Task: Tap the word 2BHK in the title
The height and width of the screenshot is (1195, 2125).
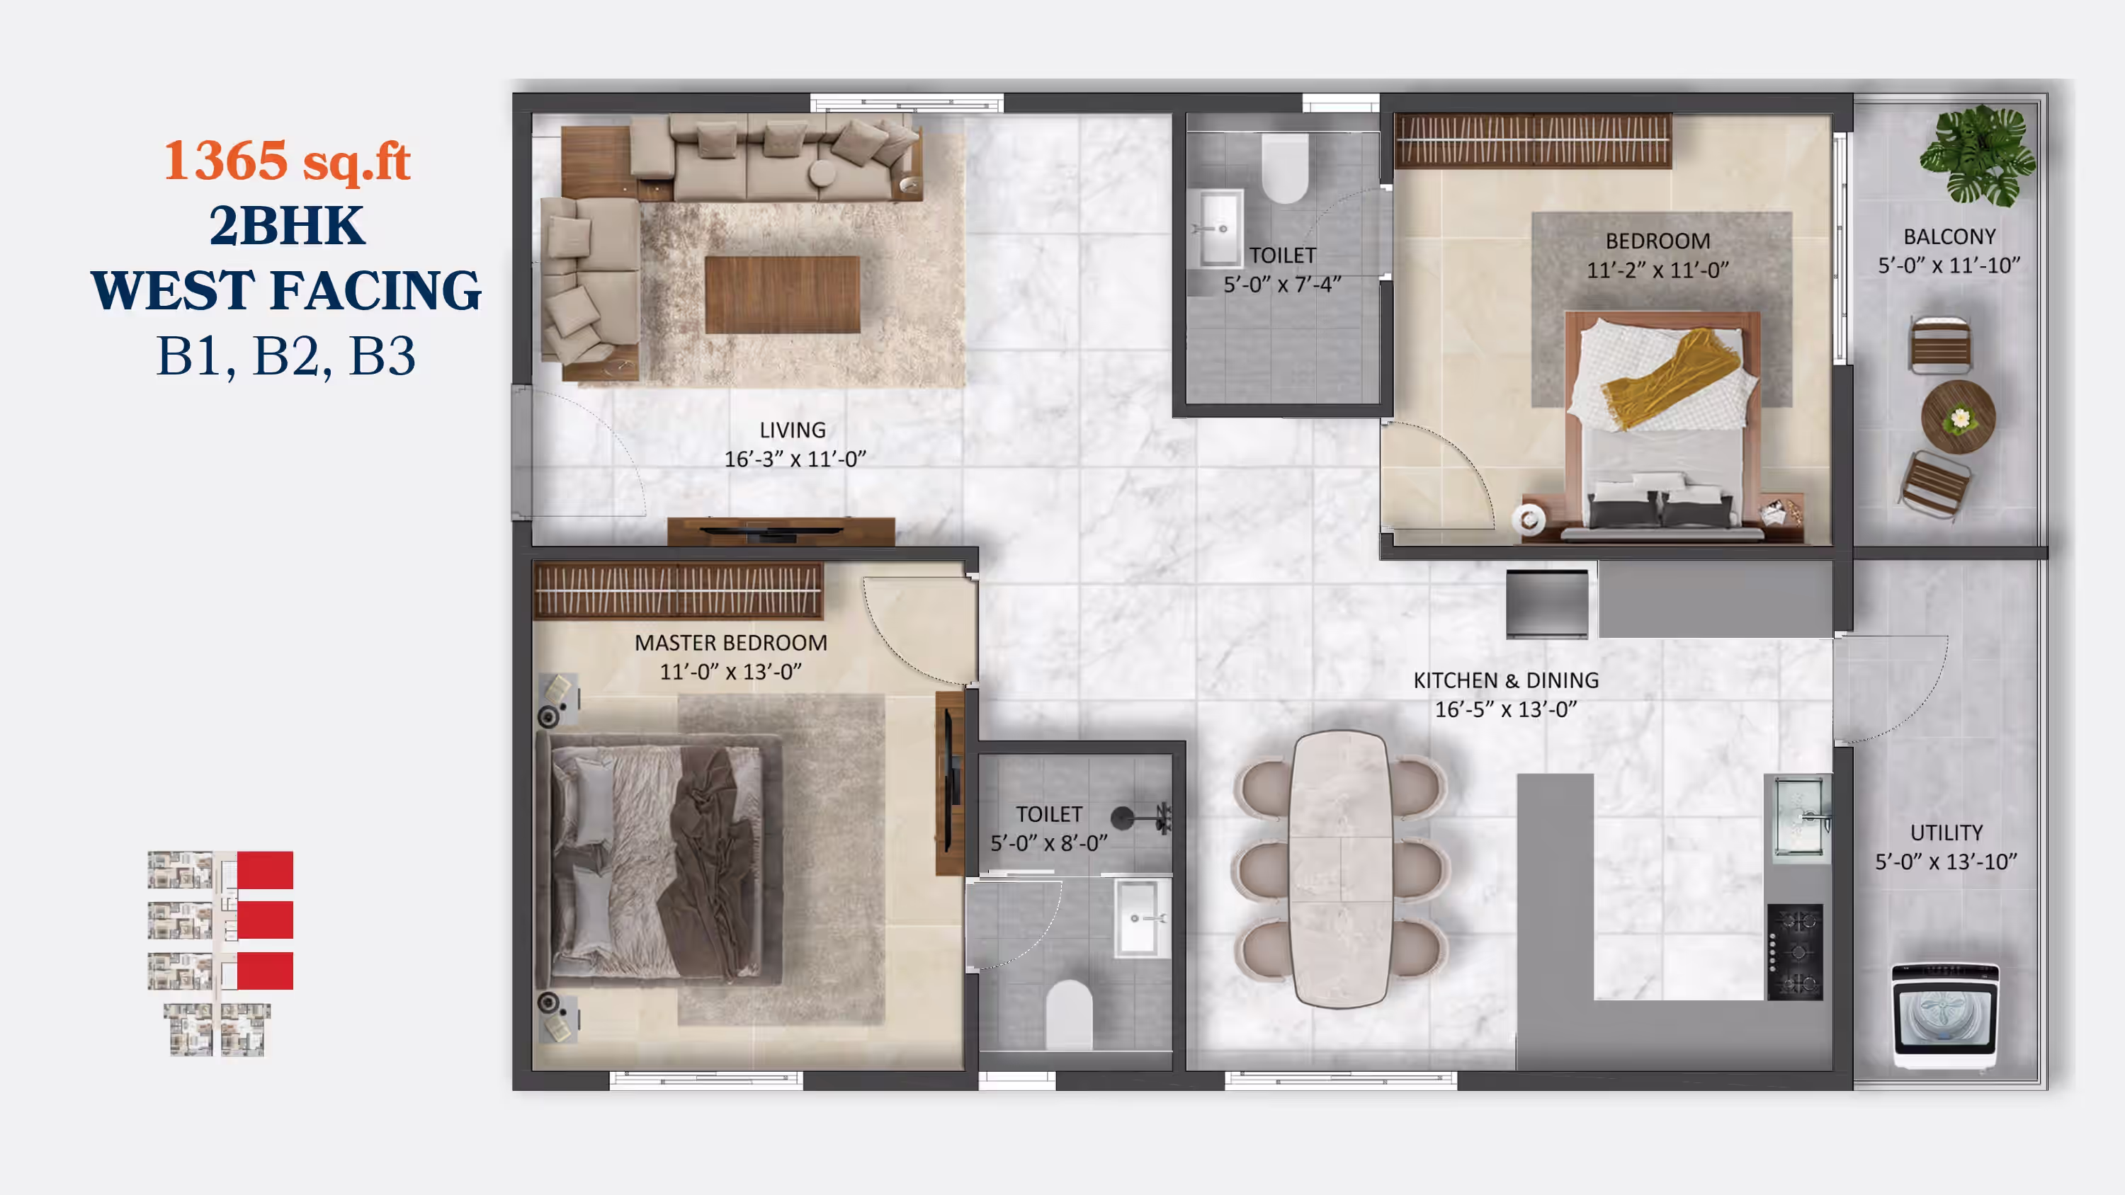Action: point(286,225)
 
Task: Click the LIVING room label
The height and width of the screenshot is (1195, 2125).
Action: point(793,430)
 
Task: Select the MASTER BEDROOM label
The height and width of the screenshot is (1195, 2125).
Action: point(731,642)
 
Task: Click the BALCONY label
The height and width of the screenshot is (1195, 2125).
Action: point(1949,236)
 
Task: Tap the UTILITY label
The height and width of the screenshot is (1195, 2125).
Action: point(1946,833)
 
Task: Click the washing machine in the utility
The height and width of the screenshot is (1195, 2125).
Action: point(1945,1016)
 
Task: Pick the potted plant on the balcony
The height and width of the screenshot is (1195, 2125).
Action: point(1978,155)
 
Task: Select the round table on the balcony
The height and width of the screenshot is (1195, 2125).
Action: point(1959,417)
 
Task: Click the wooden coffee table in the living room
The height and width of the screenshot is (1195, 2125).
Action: point(782,295)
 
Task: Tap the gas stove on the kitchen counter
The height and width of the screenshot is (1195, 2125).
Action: point(1795,953)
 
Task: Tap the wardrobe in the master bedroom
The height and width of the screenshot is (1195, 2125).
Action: point(678,590)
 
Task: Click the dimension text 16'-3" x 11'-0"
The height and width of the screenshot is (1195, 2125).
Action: point(795,459)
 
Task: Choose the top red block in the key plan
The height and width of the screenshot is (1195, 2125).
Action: point(265,870)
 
